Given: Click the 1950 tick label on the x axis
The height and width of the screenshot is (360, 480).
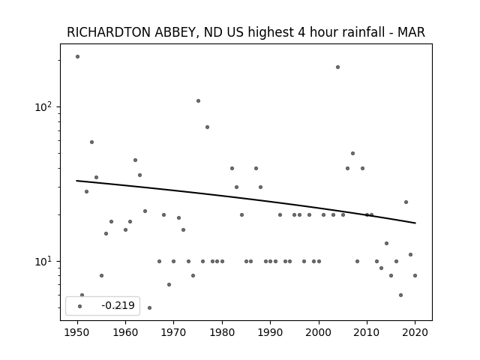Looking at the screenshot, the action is [77, 332].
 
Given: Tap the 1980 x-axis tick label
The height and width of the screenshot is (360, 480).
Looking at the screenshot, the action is [222, 332].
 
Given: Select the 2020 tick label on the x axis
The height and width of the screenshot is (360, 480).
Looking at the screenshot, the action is [415, 332].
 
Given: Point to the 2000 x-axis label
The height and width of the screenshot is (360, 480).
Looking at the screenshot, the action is [319, 332].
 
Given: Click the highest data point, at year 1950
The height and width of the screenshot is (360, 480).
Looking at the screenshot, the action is [77, 57].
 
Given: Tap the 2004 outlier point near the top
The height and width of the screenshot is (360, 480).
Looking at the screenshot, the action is [337, 67].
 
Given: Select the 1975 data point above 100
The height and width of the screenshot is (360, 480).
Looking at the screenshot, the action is [198, 100].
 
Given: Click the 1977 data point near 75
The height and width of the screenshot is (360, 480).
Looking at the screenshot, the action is [207, 127].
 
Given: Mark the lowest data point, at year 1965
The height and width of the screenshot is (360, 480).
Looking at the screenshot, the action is [149, 307].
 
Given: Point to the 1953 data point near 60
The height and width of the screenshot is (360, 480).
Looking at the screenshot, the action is [91, 142].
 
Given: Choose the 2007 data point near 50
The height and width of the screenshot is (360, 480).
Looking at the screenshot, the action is [352, 153].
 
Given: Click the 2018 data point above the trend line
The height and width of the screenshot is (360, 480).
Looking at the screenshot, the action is [406, 202].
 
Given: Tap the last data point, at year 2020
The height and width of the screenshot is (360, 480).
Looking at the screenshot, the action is [415, 275].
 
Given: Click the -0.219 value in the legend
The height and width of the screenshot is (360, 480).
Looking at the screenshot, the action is [118, 305].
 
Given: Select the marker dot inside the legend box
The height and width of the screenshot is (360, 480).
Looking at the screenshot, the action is [79, 306].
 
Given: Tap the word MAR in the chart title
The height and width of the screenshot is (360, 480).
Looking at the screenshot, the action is [411, 32].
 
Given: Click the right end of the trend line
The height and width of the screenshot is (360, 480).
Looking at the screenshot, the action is [415, 223].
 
